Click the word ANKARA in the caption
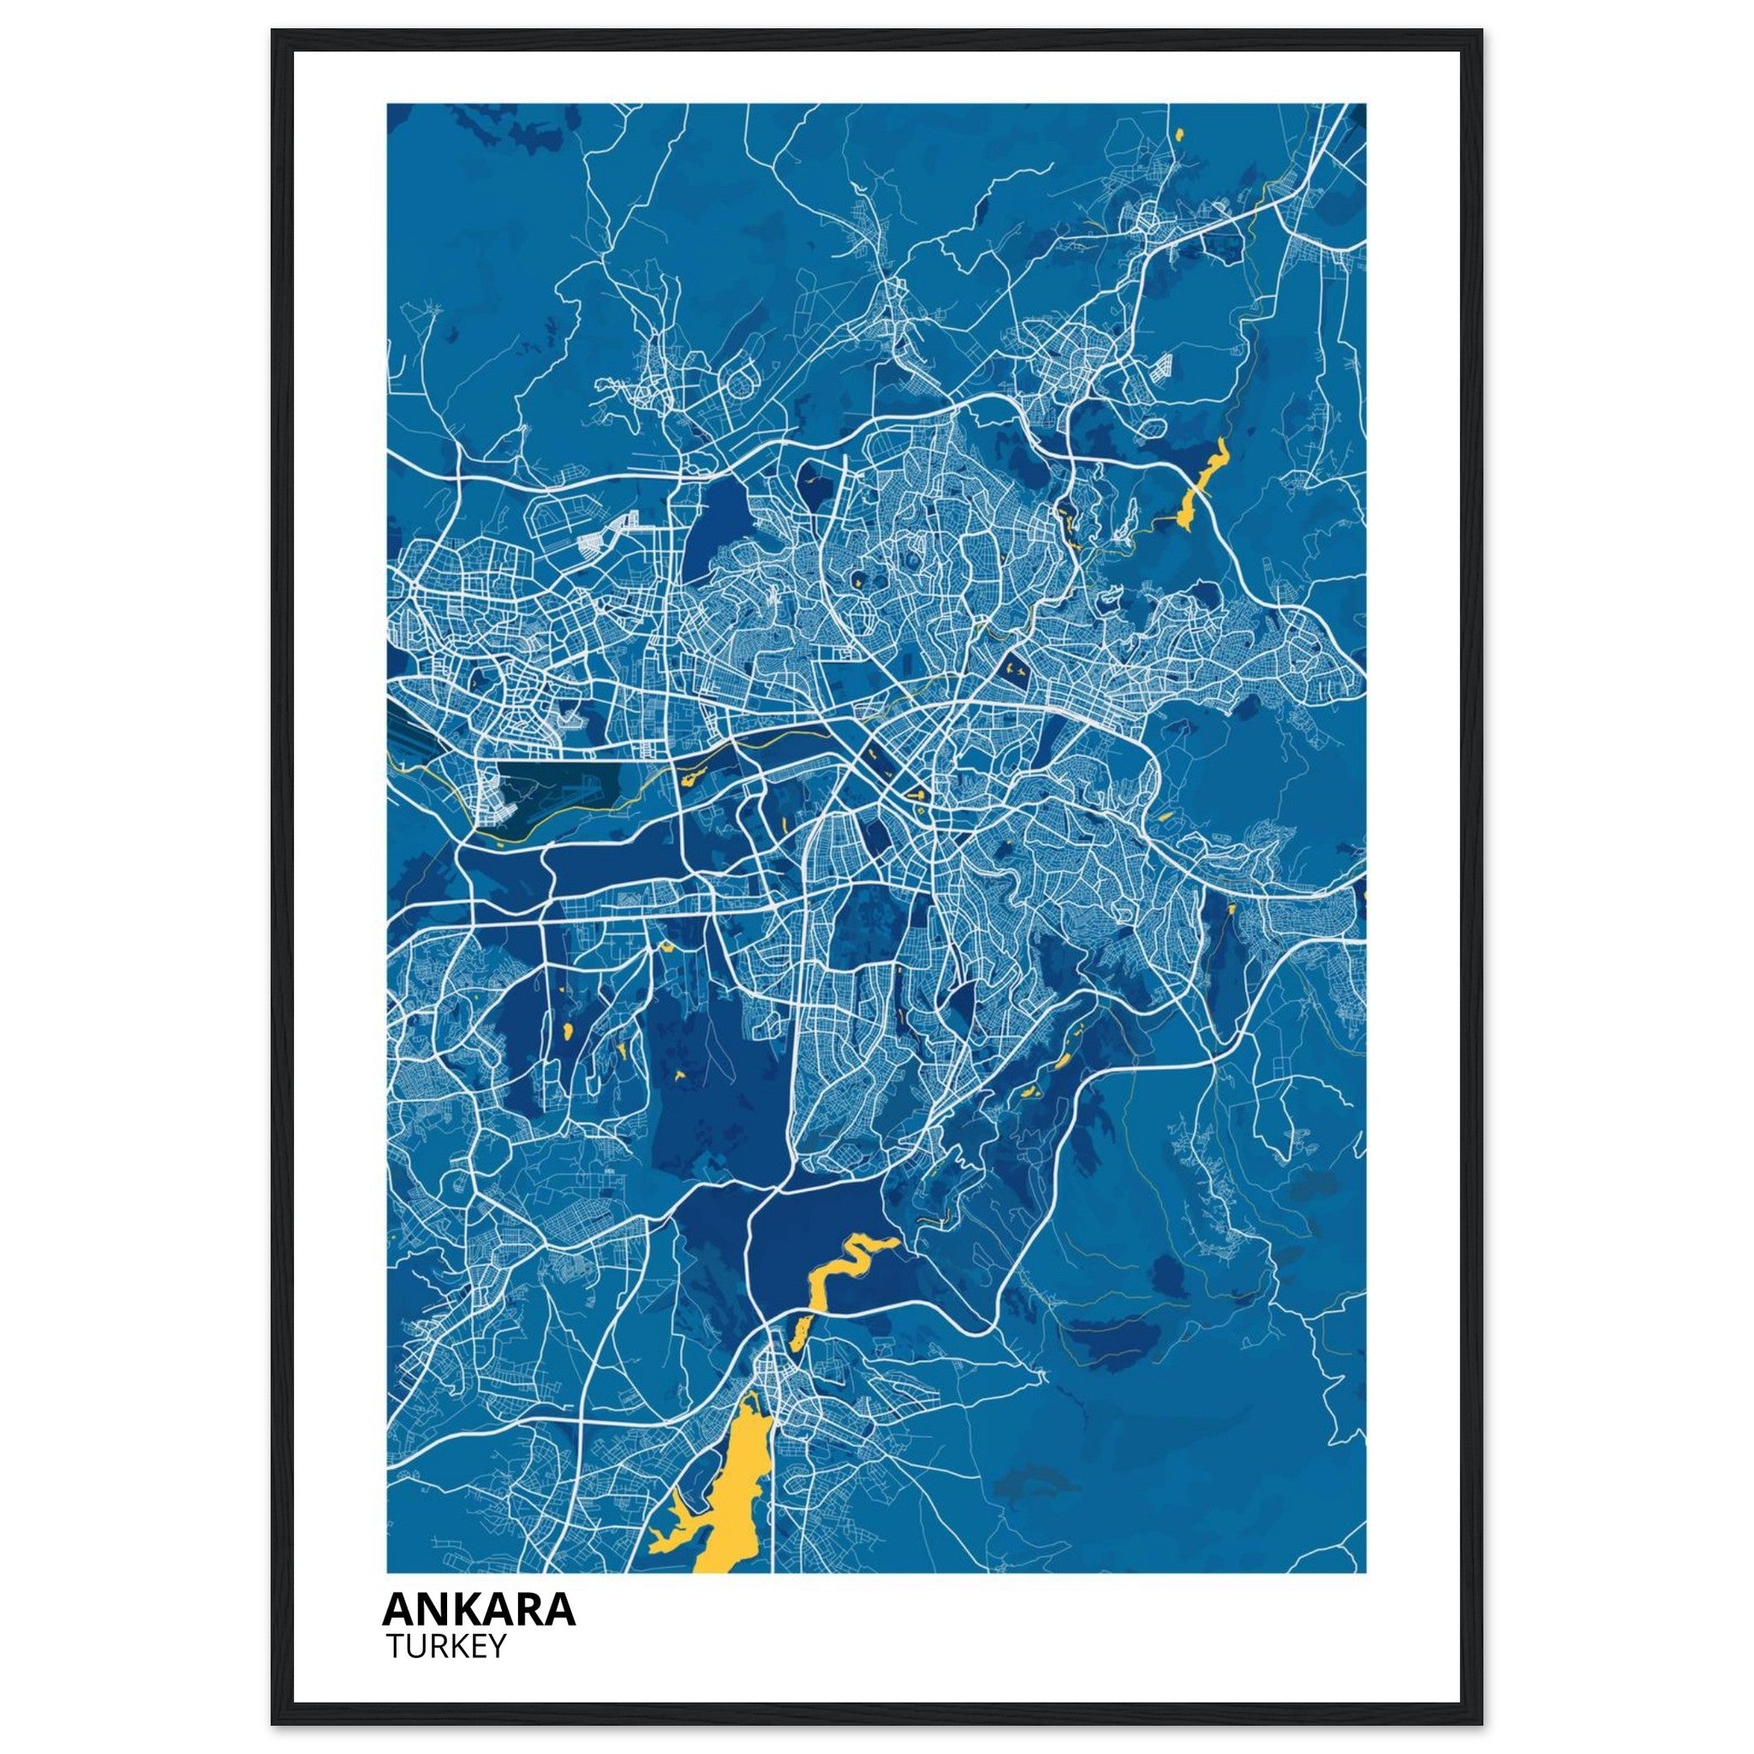[479, 1608]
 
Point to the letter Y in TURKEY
[496, 1646]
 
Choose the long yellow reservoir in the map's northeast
[1198, 486]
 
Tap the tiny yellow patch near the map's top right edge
[1179, 134]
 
